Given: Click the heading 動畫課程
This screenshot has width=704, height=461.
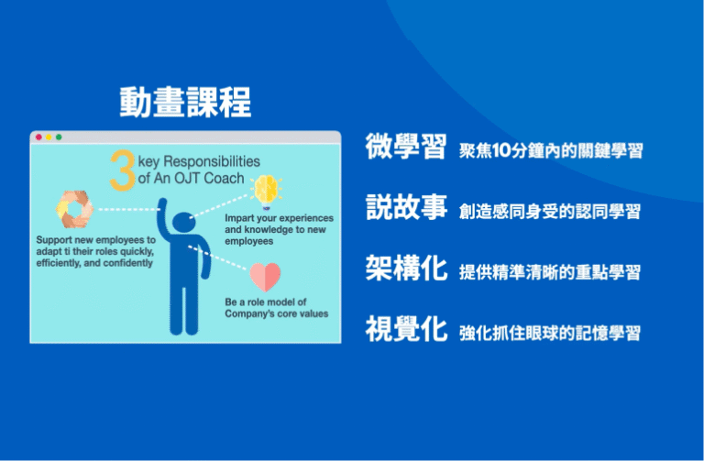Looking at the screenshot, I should click(185, 103).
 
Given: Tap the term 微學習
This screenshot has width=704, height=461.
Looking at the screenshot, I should click(405, 148).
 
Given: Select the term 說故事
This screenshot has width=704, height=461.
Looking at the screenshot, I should click(405, 208).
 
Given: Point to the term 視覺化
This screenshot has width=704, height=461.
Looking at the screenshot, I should click(405, 329).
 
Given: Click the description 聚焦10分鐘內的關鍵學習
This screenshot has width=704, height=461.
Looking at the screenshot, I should click(550, 150).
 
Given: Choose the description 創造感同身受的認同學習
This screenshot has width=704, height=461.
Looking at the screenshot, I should click(550, 212).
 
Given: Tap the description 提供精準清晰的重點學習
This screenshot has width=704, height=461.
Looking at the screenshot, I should click(550, 272).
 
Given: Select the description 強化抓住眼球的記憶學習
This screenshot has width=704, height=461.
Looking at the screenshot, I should click(550, 333).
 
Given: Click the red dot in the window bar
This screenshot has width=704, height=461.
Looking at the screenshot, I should click(38, 137).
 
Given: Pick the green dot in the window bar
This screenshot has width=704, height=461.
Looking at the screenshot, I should click(59, 137).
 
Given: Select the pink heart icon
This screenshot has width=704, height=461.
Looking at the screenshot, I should click(265, 276).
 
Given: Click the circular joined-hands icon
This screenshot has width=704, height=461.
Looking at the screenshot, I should click(74, 208).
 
